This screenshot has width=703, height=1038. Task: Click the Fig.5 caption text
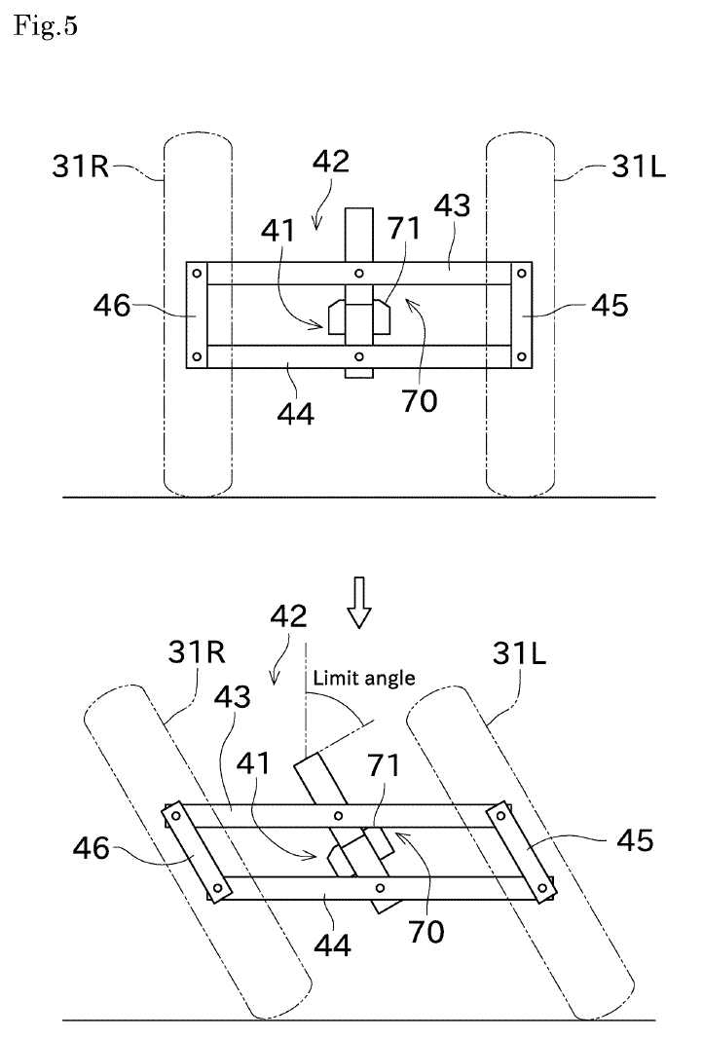point(46,26)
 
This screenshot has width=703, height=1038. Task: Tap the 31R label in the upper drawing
point(81,166)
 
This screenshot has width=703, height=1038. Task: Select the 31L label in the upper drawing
point(638,166)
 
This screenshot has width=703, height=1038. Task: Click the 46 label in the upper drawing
point(112,306)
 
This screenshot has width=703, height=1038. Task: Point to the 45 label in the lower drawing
point(635,840)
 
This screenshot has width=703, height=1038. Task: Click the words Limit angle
point(364,678)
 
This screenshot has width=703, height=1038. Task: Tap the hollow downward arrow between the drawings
point(359,602)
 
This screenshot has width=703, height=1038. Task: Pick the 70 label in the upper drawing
point(420,400)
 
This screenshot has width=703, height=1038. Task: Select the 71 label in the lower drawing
point(384,765)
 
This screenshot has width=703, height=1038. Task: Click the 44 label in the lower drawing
point(332,945)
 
